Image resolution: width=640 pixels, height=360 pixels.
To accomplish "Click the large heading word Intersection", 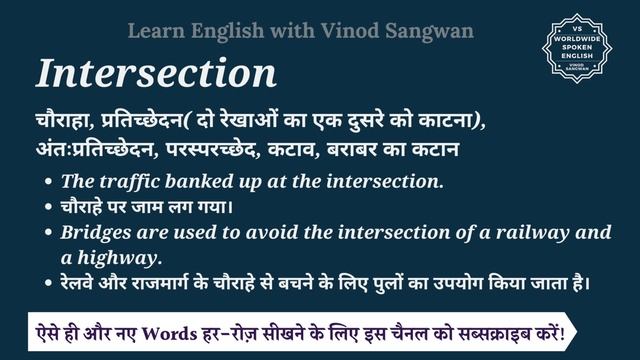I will point(156,73).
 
